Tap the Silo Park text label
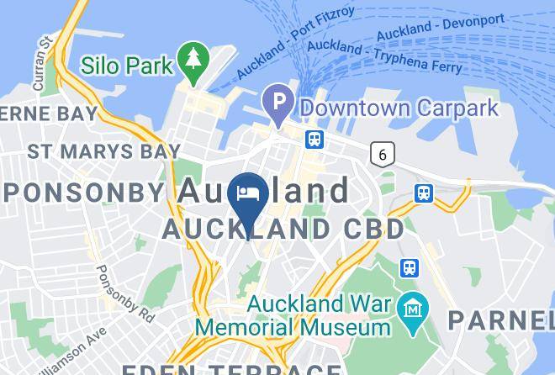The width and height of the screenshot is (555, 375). [128, 65]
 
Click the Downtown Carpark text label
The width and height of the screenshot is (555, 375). [399, 108]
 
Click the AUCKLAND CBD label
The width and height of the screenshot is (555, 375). [283, 229]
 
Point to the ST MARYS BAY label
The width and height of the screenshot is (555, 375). [104, 151]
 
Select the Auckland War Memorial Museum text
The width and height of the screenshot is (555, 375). [293, 314]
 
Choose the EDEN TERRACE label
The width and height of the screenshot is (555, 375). [231, 368]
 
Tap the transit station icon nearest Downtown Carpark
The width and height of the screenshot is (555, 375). [314, 139]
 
